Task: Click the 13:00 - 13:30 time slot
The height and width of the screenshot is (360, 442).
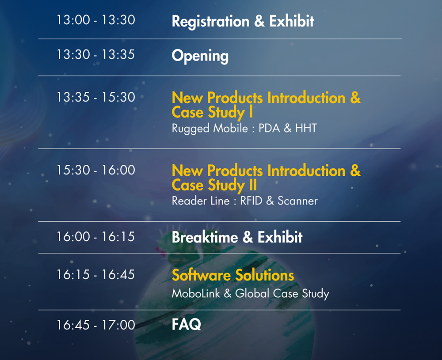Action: tap(96, 20)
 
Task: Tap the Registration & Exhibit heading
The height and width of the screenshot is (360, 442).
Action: tap(243, 21)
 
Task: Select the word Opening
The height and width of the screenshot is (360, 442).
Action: tap(200, 56)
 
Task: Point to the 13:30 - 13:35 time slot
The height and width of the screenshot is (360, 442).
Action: tap(96, 54)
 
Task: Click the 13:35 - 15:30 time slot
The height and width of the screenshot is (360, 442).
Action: tap(96, 97)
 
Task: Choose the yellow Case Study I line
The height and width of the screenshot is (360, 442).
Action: tap(212, 112)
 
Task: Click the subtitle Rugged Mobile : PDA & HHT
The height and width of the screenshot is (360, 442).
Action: tap(244, 129)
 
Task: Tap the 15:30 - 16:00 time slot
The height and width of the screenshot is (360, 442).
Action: tap(96, 170)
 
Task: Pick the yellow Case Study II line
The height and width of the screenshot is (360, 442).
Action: tap(214, 185)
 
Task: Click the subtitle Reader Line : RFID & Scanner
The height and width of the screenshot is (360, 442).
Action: tap(245, 201)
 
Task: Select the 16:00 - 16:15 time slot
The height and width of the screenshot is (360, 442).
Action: tap(96, 237)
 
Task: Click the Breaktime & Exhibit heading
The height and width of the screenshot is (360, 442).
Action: tap(237, 237)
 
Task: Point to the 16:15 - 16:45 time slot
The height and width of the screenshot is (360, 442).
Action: tap(96, 275)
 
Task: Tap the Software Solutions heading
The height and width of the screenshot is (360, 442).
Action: tap(233, 275)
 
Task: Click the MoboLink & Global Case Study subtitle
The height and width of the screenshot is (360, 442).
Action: tap(250, 293)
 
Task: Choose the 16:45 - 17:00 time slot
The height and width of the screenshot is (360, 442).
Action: tap(96, 325)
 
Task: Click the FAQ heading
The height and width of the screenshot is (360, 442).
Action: tap(187, 325)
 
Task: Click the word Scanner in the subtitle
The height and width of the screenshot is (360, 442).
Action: tap(297, 201)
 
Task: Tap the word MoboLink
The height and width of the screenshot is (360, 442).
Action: tap(196, 293)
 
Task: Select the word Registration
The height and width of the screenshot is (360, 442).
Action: tap(210, 22)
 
